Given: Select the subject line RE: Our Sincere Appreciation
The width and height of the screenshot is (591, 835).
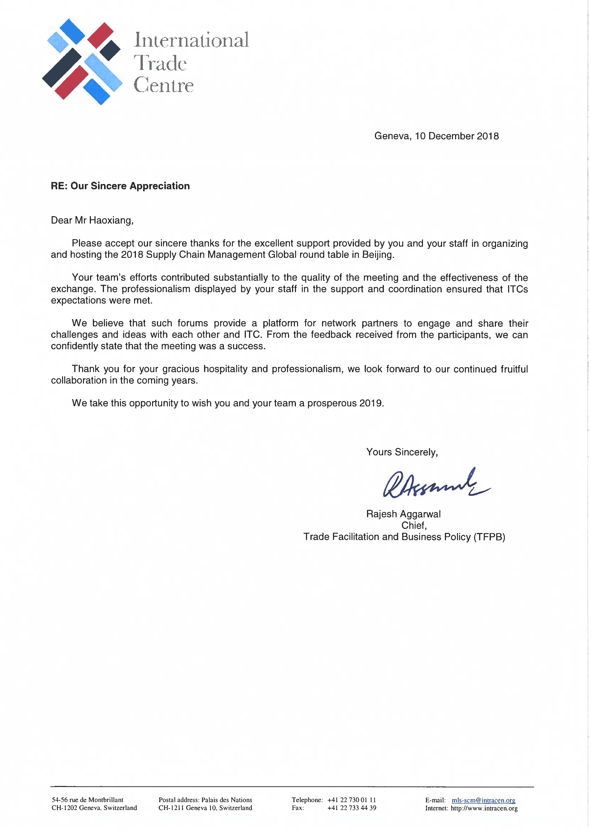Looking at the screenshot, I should (x=120, y=186).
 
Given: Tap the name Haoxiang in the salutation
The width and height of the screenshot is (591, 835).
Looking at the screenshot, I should (x=111, y=220).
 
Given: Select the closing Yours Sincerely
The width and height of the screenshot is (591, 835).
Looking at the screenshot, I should (x=402, y=452).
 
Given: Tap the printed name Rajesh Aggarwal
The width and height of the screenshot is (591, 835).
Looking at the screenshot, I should (x=403, y=514).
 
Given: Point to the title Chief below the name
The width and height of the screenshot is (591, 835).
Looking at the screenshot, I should (x=413, y=525).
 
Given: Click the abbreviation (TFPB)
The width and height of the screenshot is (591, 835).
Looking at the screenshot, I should (x=489, y=537).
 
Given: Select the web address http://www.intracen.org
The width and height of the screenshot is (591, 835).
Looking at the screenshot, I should (x=484, y=808).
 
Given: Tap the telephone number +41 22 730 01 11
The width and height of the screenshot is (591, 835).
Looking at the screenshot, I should (x=352, y=800).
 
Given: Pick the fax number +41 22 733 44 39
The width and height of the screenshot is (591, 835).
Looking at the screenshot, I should (x=352, y=808).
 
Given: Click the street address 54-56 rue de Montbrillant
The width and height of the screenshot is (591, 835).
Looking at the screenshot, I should (x=87, y=800).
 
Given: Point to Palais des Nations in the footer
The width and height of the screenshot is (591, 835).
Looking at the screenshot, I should (x=227, y=800).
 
